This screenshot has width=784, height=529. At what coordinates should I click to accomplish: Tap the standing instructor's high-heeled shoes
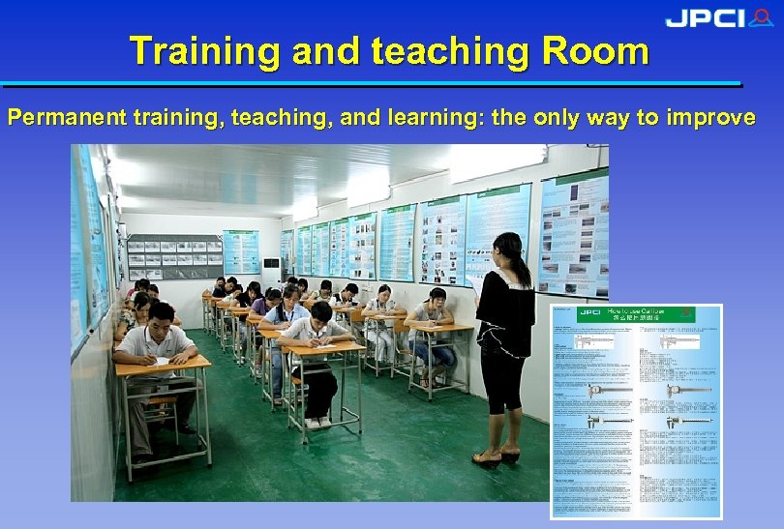pos(496,456)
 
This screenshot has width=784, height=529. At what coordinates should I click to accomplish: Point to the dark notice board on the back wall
pos(174,255)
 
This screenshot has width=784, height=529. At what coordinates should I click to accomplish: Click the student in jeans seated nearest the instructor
pos(431,334)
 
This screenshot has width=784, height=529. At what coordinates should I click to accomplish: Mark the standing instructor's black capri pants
pos(502,382)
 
